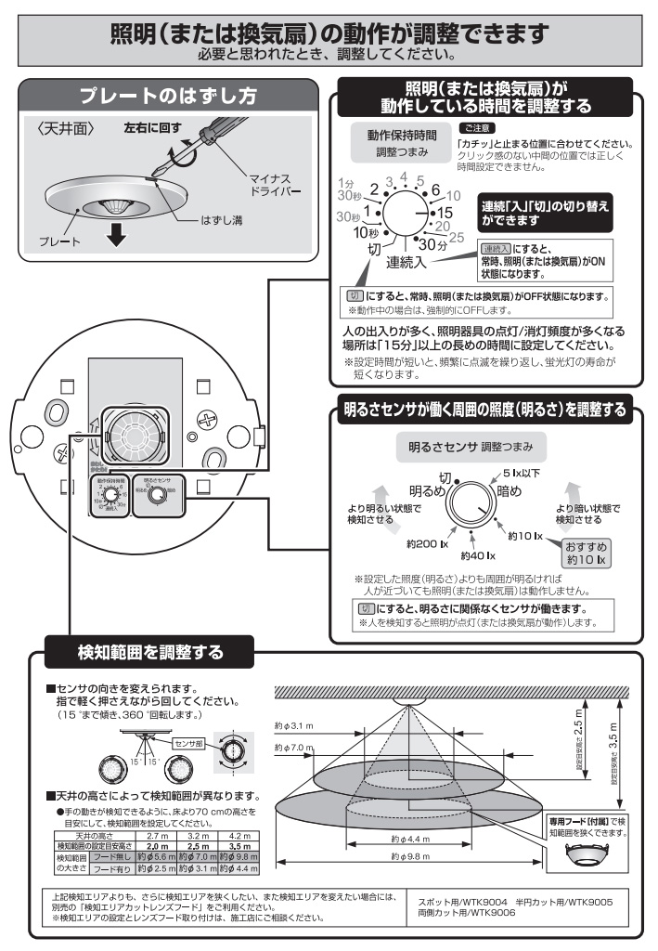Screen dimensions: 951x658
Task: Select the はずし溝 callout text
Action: tap(226, 222)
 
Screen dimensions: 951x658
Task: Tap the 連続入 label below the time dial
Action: tap(406, 262)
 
